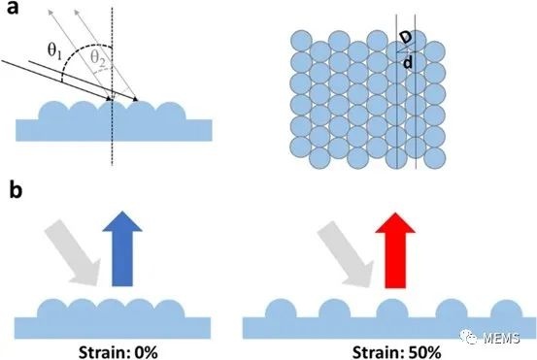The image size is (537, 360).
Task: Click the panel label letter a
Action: (x=13, y=8)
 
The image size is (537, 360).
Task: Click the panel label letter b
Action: (x=16, y=189)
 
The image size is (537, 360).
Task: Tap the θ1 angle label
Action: (x=54, y=51)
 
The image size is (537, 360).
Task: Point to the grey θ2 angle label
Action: (x=98, y=58)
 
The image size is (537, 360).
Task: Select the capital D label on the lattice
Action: (x=406, y=37)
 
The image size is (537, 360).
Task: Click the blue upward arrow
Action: (x=122, y=248)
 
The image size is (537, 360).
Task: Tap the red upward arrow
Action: (x=395, y=250)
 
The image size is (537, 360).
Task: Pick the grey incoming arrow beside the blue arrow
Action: (x=73, y=252)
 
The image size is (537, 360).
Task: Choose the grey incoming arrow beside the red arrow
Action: (x=347, y=253)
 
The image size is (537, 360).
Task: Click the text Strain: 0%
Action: (x=118, y=352)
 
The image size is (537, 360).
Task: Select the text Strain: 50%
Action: (x=396, y=352)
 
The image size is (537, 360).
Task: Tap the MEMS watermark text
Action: (x=502, y=338)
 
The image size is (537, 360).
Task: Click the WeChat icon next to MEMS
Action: (x=469, y=337)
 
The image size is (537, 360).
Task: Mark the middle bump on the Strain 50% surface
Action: (x=392, y=309)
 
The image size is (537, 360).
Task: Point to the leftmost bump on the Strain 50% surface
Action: (x=281, y=309)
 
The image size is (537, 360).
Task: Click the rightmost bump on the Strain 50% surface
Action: (x=506, y=309)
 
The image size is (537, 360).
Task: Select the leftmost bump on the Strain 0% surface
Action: (x=51, y=309)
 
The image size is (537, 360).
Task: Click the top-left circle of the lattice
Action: (x=301, y=41)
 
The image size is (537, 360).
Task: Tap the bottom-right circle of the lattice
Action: (x=435, y=158)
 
